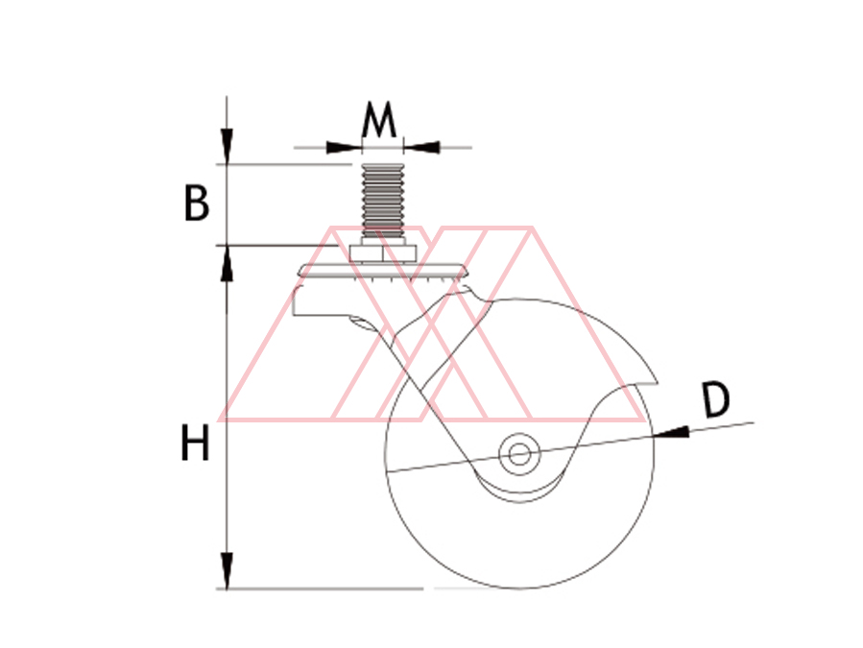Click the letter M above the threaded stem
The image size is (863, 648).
[378, 119]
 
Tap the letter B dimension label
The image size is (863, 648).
[197, 204]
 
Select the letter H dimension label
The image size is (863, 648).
[196, 443]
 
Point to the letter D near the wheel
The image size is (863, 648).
[716, 400]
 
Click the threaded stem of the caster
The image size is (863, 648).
[382, 201]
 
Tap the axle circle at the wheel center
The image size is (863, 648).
[519, 455]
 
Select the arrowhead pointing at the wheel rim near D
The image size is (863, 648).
[671, 432]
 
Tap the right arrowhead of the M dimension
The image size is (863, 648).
[421, 147]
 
